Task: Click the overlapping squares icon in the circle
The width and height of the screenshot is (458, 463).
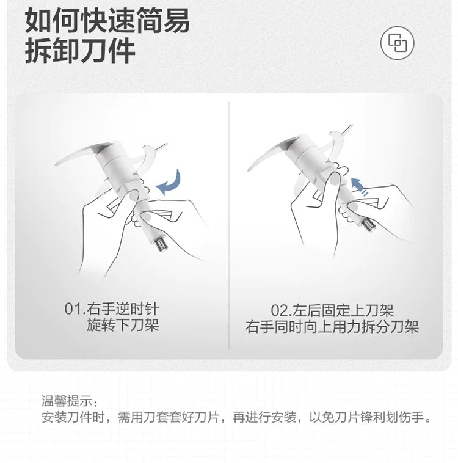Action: (397, 43)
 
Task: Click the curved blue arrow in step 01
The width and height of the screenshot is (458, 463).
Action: (171, 184)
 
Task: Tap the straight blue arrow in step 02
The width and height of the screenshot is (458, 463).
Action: (359, 186)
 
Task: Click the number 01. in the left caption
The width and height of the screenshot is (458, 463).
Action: (75, 309)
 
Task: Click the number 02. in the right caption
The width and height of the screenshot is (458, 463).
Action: (281, 310)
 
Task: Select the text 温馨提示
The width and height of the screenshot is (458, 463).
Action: (67, 401)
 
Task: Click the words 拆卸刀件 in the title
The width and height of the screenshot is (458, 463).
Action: (80, 51)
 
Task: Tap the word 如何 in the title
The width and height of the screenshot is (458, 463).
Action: (53, 21)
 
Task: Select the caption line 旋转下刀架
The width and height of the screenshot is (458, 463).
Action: (123, 325)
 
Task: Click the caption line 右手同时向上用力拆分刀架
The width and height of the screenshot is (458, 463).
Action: (332, 327)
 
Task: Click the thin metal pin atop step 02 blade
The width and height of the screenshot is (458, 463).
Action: (346, 129)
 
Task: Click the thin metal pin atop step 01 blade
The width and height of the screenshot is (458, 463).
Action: (161, 147)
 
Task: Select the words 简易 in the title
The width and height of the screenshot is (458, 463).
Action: (162, 21)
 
